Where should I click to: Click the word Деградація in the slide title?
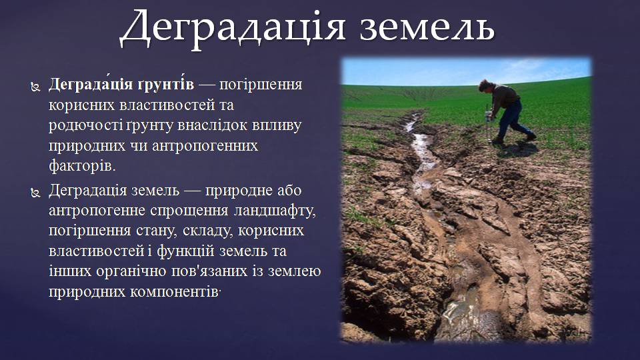(x=232, y=29)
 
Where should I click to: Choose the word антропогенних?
(x=205, y=146)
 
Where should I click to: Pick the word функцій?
(x=186, y=251)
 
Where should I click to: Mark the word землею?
(x=294, y=271)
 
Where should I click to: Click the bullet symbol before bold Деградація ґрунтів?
(x=35, y=87)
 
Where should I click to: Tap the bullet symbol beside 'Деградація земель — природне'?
(x=35, y=192)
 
